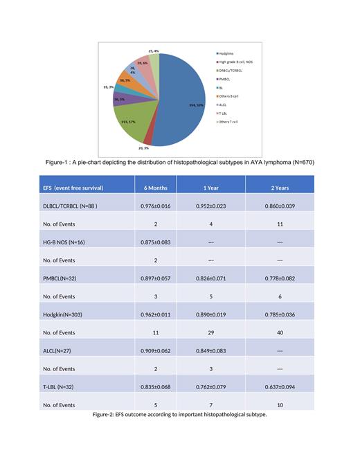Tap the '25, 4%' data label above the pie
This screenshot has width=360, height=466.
[x=154, y=51]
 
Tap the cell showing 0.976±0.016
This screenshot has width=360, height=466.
[x=156, y=206]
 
